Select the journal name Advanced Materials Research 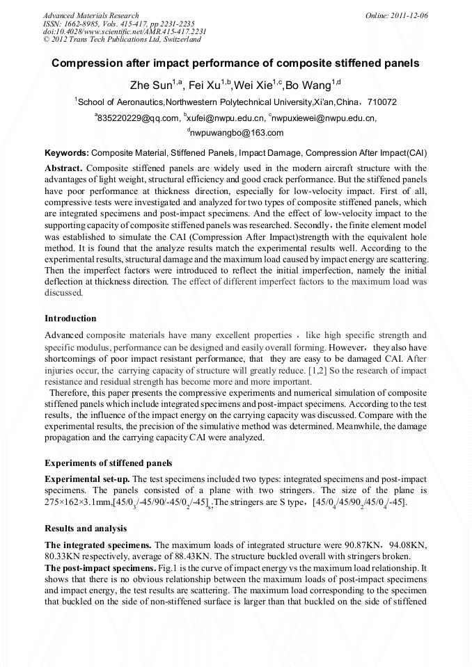(91, 15)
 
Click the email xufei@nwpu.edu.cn (226, 118)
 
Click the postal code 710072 (381, 102)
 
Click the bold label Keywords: (67, 152)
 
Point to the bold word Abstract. (63, 168)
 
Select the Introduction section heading (70, 319)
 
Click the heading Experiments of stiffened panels (108, 463)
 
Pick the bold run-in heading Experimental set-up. (86, 479)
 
